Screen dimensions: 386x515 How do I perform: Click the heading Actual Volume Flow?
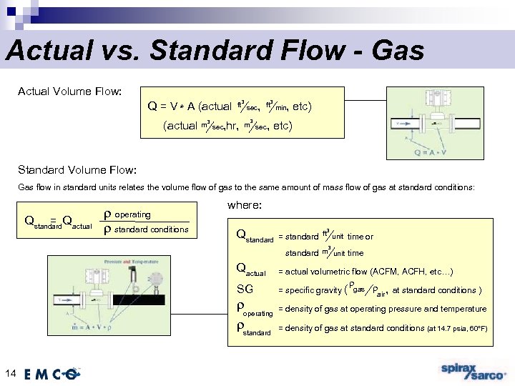click(69, 91)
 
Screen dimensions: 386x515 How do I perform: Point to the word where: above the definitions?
click(245, 206)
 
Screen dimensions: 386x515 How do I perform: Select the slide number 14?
click(10, 372)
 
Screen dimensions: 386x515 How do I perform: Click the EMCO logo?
click(54, 373)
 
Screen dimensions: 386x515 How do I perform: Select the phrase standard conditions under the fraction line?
click(152, 229)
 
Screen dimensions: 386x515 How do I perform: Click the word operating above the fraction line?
click(133, 214)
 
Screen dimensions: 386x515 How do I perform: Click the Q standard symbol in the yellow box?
click(255, 237)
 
